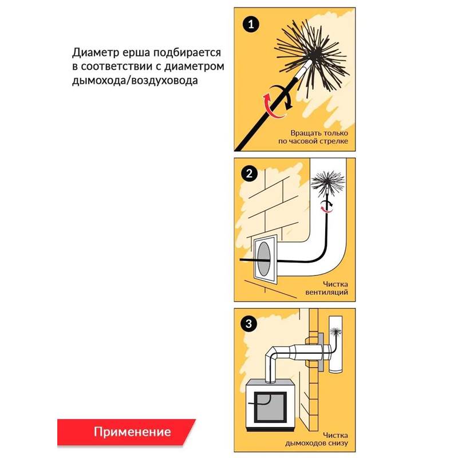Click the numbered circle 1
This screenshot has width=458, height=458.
251,24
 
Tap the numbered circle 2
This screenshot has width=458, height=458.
249,173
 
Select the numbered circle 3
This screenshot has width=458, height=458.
248,323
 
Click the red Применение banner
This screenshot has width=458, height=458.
126,432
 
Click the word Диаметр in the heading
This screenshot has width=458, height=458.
96,53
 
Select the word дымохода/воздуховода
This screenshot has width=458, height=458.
135,80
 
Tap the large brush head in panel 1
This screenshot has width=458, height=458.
312,56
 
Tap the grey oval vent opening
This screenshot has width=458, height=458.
264,259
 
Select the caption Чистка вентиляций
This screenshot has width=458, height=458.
326,288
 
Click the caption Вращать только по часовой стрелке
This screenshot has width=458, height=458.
313,137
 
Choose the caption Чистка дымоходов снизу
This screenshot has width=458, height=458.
317,439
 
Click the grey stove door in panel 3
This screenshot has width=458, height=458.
270,407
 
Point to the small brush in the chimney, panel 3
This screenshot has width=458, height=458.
335,332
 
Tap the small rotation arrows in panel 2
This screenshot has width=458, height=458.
327,206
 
